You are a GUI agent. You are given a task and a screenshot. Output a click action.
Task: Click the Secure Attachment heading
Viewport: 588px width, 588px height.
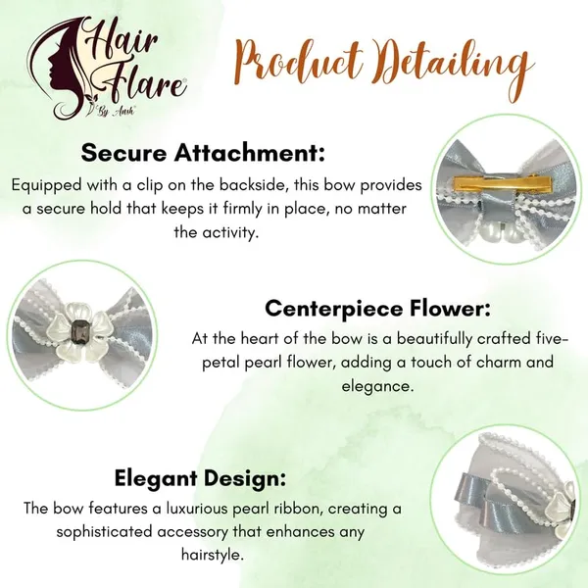(203, 153)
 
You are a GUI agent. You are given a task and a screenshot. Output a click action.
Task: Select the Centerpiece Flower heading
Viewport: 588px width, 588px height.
(377, 309)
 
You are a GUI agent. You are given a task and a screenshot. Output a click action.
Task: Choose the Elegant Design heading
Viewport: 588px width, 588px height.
(200, 478)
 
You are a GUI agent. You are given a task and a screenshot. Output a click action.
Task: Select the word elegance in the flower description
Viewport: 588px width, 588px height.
(377, 386)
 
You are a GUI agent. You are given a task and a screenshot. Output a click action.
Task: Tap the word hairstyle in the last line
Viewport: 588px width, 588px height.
(213, 555)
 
